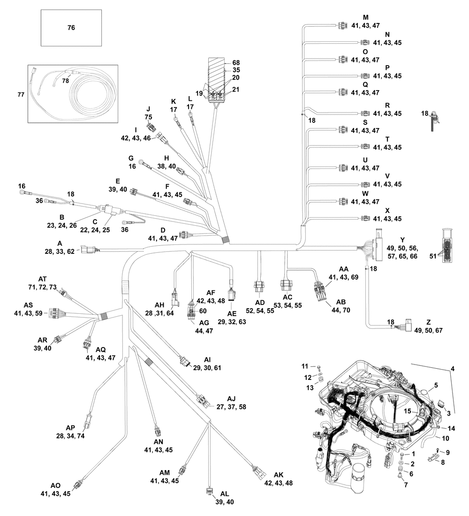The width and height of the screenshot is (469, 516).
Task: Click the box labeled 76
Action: pos(71,28)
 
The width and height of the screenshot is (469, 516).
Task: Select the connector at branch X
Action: pos(365,219)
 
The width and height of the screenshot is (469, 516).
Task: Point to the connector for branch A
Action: pos(88,250)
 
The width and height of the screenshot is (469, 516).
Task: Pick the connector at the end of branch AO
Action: pos(83,483)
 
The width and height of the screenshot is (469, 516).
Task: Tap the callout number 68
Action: pos(236,62)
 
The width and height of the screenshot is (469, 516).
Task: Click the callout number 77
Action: pos(21,95)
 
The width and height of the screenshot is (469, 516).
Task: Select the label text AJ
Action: pos(231,399)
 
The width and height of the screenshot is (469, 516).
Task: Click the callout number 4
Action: pos(452,369)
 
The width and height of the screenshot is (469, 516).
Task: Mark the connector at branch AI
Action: pos(185,362)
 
